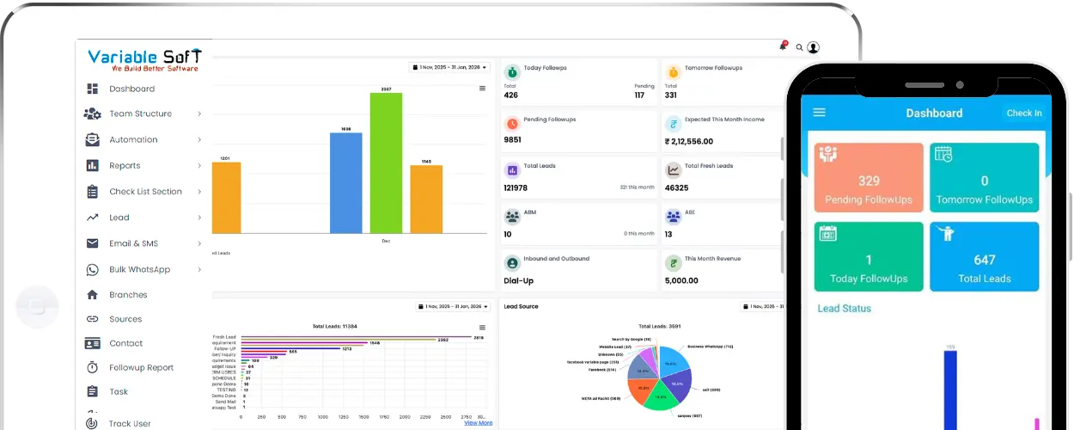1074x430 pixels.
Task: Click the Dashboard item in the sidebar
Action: point(131,89)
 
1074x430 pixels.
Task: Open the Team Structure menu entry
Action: point(140,114)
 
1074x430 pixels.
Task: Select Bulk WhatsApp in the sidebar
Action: point(139,269)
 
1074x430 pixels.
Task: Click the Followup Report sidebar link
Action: point(141,367)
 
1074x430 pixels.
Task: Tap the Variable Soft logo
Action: point(143,59)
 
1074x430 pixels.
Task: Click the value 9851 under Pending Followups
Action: point(513,139)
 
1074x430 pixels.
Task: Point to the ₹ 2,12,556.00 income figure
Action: point(689,141)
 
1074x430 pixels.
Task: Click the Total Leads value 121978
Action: point(516,187)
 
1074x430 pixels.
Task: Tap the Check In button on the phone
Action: point(1024,113)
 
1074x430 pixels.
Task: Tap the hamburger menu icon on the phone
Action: point(819,113)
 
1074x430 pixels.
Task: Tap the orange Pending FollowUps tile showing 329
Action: point(869,178)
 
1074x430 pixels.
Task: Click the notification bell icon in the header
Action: point(783,46)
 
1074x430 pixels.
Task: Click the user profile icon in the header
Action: point(814,47)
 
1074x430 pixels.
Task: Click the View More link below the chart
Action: point(479,422)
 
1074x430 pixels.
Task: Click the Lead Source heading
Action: point(521,306)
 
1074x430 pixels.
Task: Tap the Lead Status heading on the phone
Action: point(844,308)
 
